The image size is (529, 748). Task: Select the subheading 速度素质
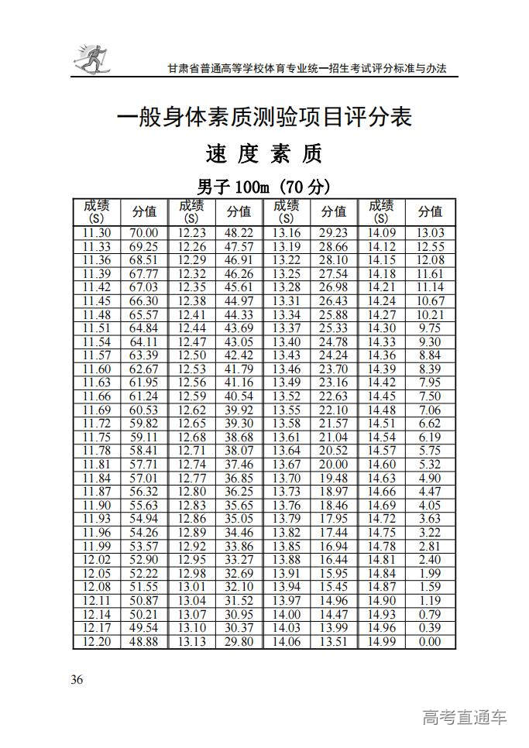coord(263,155)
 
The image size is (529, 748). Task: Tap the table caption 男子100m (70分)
coord(263,187)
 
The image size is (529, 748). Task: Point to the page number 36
coord(77,680)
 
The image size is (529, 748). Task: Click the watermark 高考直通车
coord(465,717)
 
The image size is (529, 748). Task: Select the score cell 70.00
coord(144,233)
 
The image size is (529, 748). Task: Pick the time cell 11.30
coord(97,233)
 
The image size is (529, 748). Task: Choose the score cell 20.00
coord(334,464)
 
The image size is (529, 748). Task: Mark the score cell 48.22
coord(239,233)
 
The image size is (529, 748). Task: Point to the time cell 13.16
coord(287,233)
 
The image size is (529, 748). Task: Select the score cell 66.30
coord(144,300)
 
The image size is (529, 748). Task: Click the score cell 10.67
coord(429,300)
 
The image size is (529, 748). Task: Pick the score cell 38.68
coord(239,437)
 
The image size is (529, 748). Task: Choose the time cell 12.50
coord(191,355)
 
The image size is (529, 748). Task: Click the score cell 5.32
coord(429,464)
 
